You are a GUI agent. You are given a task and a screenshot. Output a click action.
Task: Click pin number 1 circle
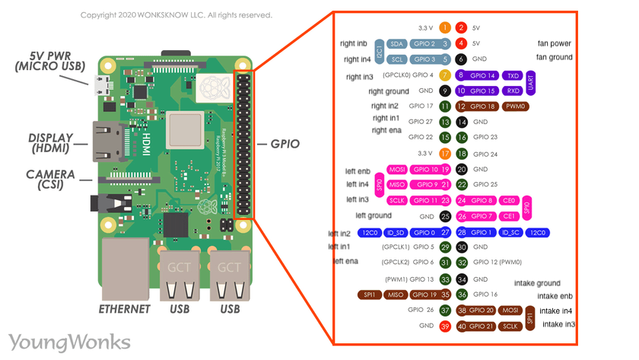click(445, 27)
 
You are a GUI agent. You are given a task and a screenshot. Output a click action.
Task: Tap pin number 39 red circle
click(445, 326)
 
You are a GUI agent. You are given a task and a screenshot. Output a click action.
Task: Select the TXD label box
click(513, 75)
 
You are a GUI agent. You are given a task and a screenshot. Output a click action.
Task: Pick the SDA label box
click(396, 44)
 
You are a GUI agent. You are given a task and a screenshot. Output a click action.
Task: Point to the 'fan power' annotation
click(553, 43)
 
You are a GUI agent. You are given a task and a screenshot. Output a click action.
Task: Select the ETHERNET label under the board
click(125, 309)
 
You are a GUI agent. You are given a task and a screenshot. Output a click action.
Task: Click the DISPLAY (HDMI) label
click(51, 142)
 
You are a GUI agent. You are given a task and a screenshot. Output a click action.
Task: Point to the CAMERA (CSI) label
click(50, 180)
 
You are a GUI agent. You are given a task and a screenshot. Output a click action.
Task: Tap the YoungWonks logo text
click(69, 341)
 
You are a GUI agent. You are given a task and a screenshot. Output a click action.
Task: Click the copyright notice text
click(176, 15)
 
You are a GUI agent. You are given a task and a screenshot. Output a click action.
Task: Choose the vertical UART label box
click(530, 83)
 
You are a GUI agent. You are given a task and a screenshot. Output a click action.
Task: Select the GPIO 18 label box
click(483, 107)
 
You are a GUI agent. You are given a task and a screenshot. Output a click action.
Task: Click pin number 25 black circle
click(445, 216)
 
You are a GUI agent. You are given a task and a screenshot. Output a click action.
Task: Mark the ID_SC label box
click(513, 232)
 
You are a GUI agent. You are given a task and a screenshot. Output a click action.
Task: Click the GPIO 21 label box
click(482, 326)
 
